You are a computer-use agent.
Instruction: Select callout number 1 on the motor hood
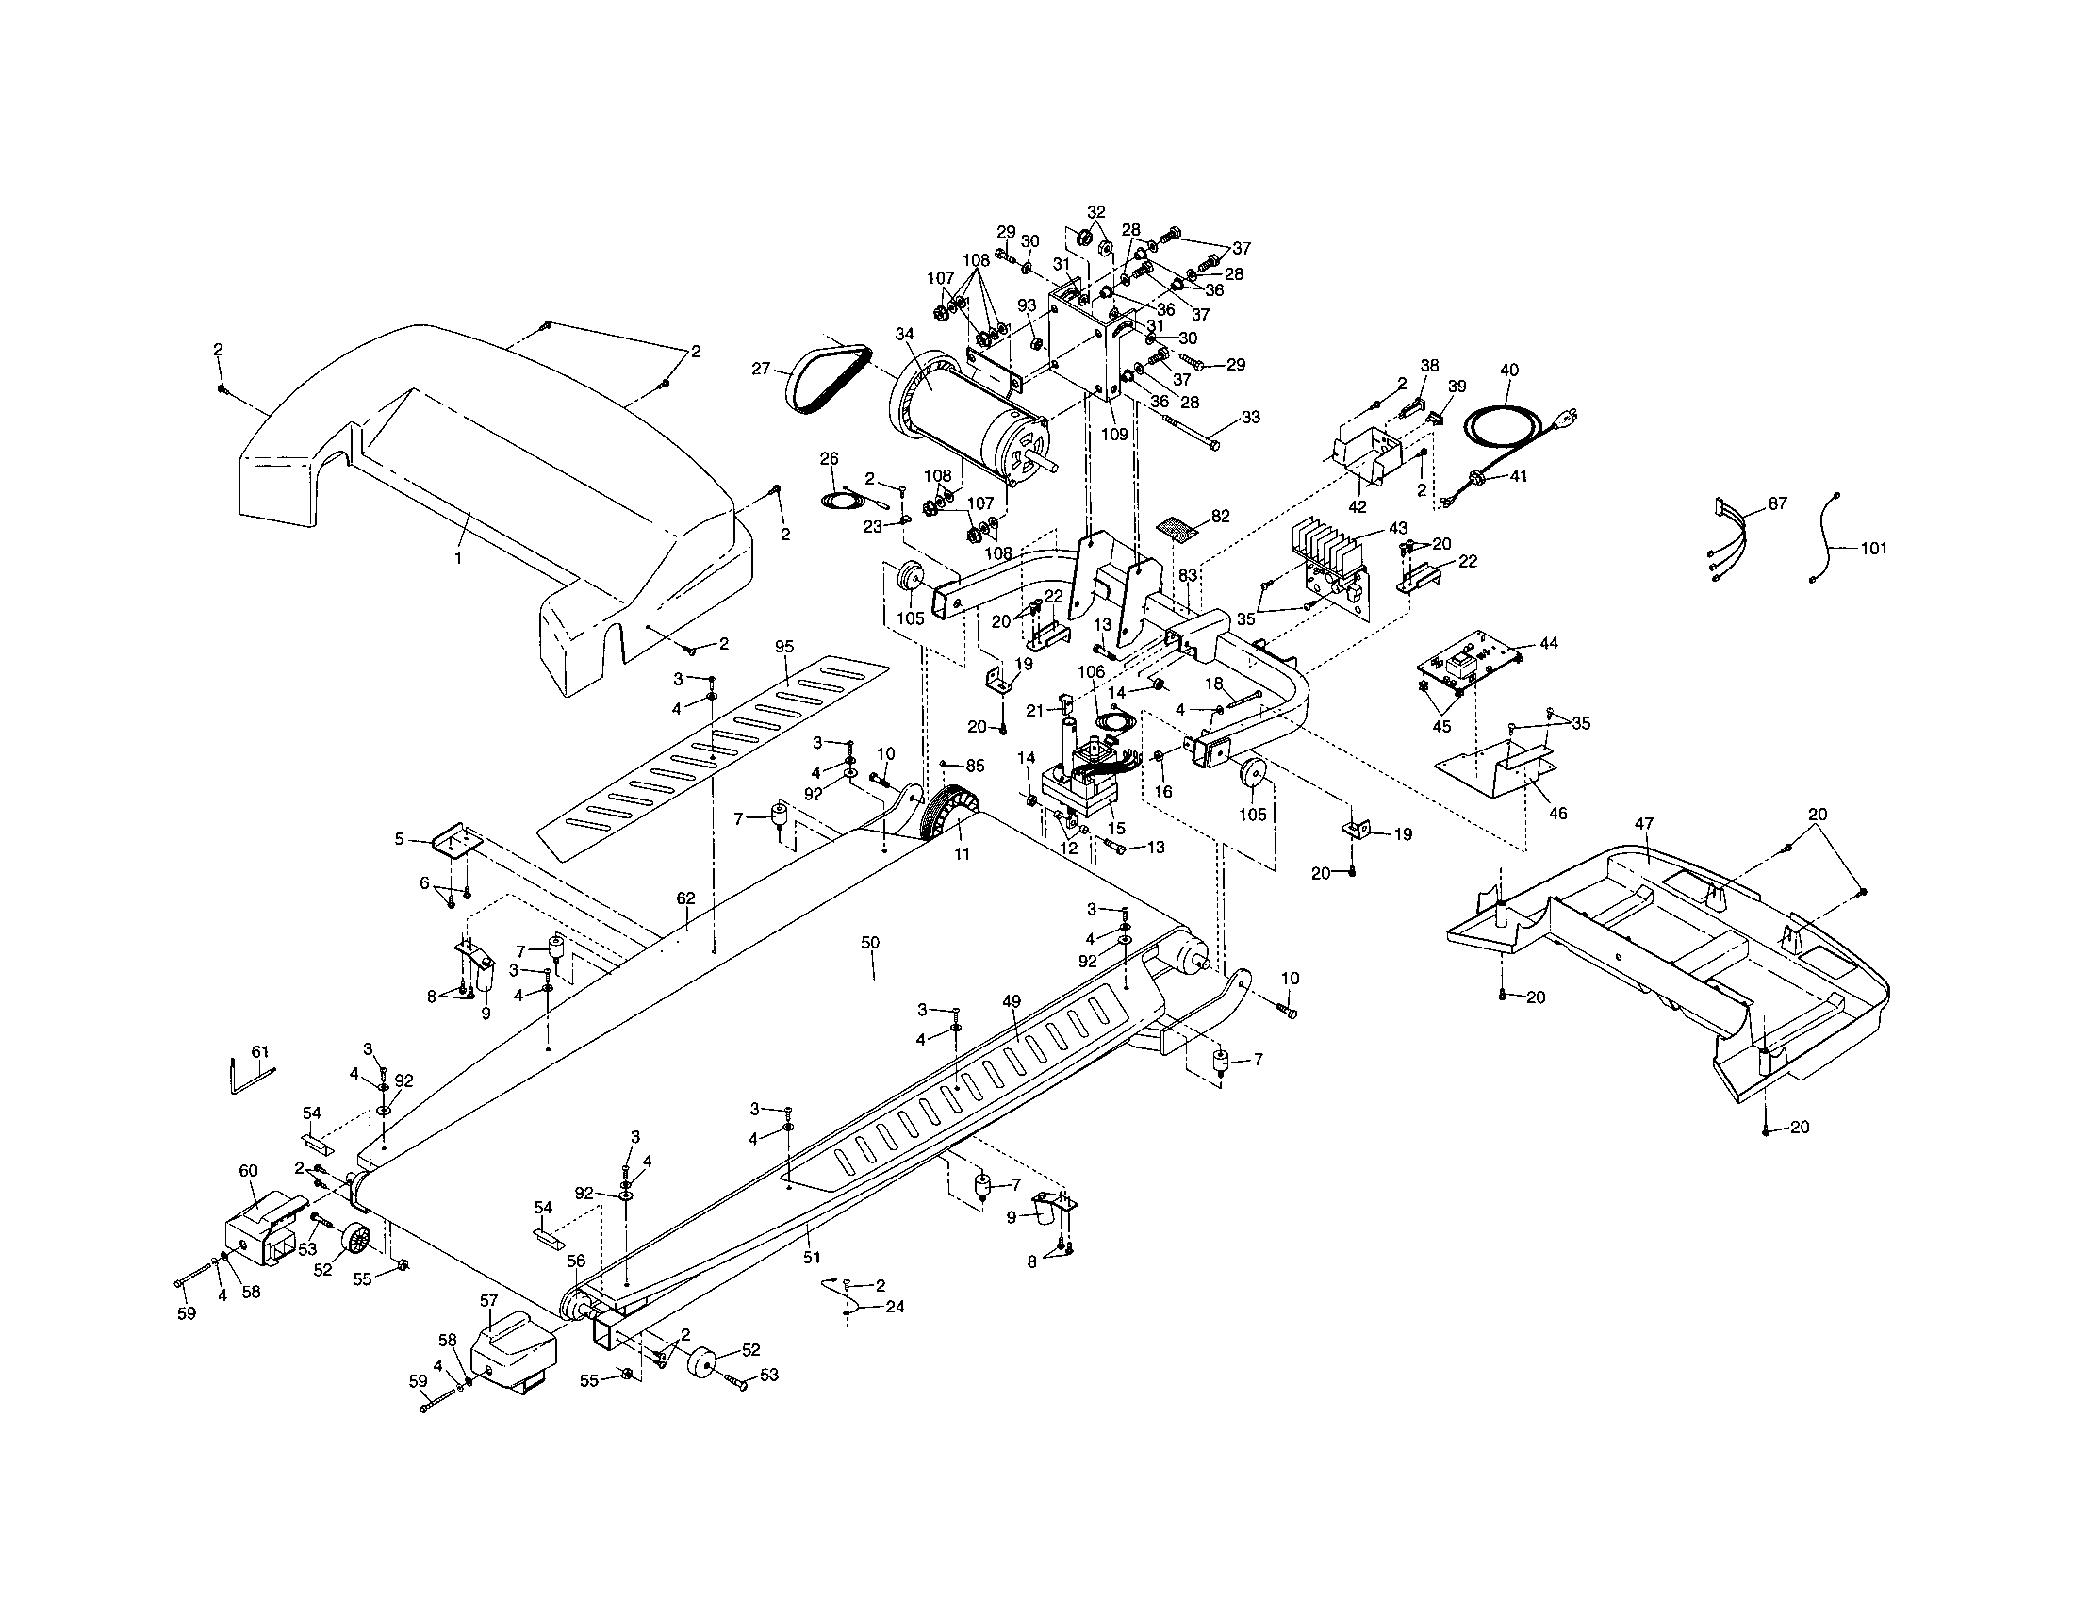click(458, 558)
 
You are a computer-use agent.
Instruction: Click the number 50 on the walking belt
click(870, 943)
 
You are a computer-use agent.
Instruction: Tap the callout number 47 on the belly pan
click(1644, 823)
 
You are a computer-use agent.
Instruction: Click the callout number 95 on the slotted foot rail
click(784, 647)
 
